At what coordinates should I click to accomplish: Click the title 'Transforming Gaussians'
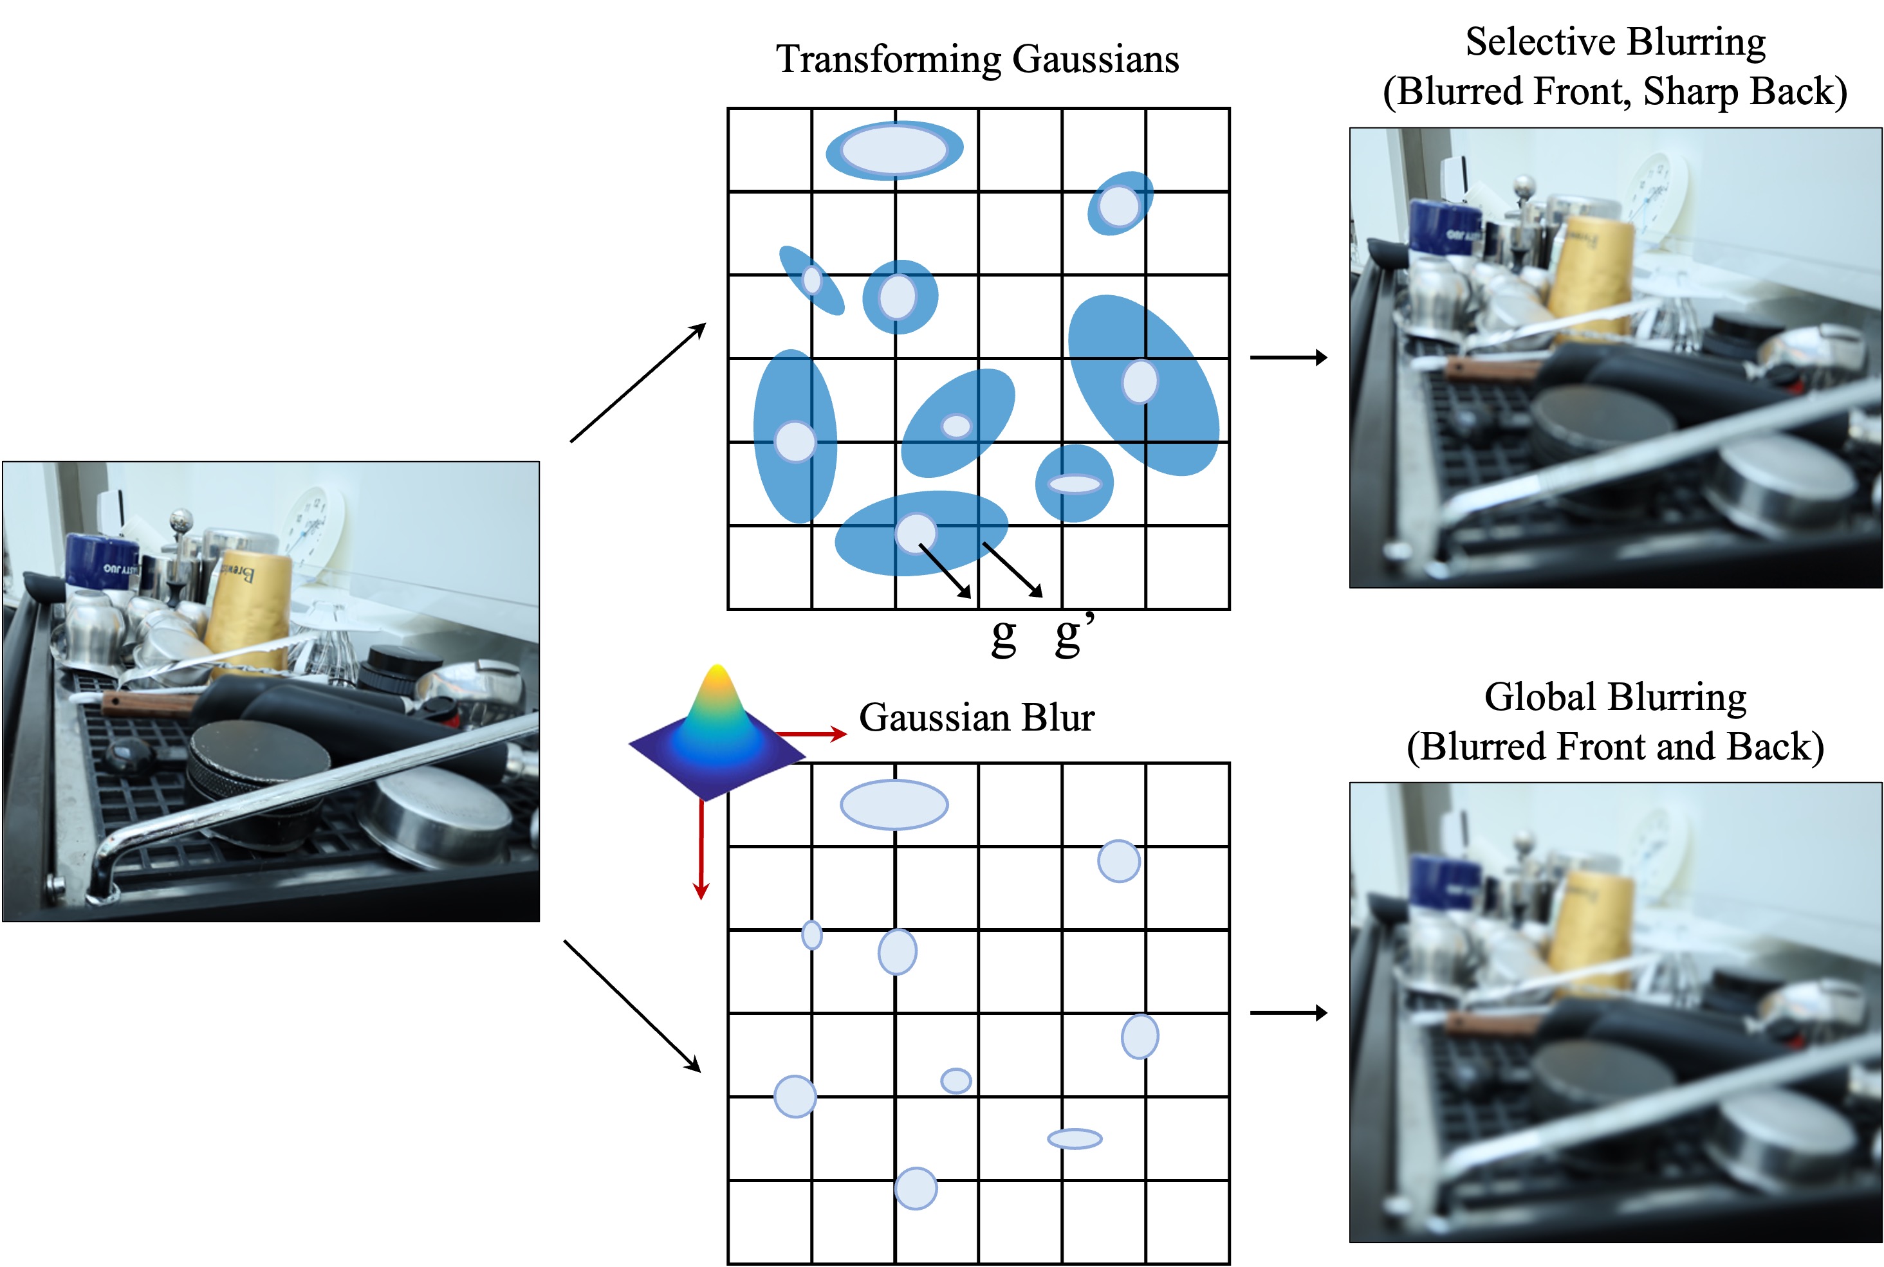coord(977,59)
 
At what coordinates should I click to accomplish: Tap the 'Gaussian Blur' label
coord(976,718)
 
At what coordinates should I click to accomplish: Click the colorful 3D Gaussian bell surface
coord(717,723)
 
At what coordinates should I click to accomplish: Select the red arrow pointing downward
coord(701,848)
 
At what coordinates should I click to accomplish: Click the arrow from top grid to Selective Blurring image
coord(1288,357)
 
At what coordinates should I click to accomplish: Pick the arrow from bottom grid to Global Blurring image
coord(1288,1012)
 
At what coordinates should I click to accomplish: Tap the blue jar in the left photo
coord(101,559)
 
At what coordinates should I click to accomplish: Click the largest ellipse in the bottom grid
coord(894,805)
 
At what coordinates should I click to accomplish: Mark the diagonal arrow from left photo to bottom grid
coord(632,1007)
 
